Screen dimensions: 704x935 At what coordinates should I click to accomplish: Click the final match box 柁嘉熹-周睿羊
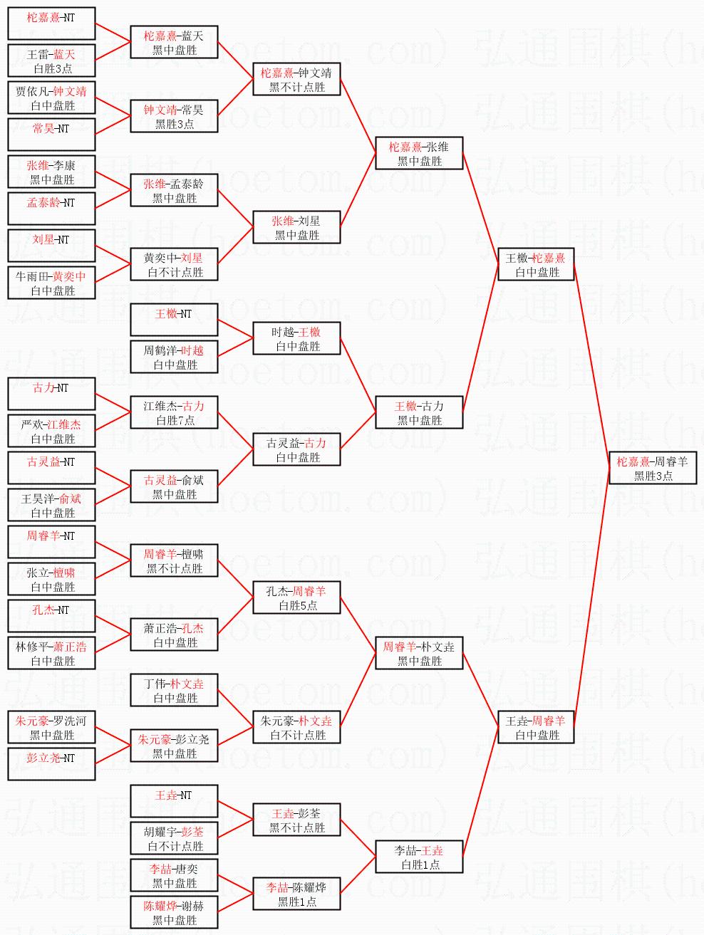(x=653, y=468)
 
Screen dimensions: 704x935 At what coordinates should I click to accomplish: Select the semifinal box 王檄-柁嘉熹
(x=536, y=264)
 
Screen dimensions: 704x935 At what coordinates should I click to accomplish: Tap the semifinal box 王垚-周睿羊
(x=536, y=727)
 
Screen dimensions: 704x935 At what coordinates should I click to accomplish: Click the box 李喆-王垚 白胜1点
(x=419, y=857)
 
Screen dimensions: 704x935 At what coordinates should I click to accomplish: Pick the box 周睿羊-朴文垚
(x=419, y=653)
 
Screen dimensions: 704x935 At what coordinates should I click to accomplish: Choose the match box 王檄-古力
(x=419, y=412)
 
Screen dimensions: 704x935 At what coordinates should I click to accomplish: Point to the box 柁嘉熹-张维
(x=419, y=153)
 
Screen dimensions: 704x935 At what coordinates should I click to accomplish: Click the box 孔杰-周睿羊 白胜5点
(x=296, y=597)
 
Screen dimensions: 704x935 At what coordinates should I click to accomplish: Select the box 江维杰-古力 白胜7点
(x=175, y=412)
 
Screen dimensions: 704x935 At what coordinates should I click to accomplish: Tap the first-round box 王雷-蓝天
(x=51, y=61)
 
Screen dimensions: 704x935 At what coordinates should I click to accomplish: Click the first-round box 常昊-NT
(x=51, y=135)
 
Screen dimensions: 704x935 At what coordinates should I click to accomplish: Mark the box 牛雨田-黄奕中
(x=51, y=283)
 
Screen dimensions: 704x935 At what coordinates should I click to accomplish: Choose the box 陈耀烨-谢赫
(x=175, y=912)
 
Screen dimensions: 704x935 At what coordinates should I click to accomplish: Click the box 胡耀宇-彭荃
(x=175, y=838)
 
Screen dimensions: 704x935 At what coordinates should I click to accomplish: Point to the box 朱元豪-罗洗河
(x=51, y=727)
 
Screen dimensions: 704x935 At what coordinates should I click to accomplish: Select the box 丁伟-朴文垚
(x=175, y=690)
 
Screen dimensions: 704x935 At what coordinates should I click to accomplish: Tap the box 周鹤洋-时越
(x=175, y=357)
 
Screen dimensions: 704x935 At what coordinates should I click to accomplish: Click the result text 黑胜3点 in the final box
(x=653, y=476)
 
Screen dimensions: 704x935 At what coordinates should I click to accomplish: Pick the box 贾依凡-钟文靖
(x=51, y=98)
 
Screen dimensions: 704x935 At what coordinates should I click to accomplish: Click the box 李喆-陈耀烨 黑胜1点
(x=296, y=894)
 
